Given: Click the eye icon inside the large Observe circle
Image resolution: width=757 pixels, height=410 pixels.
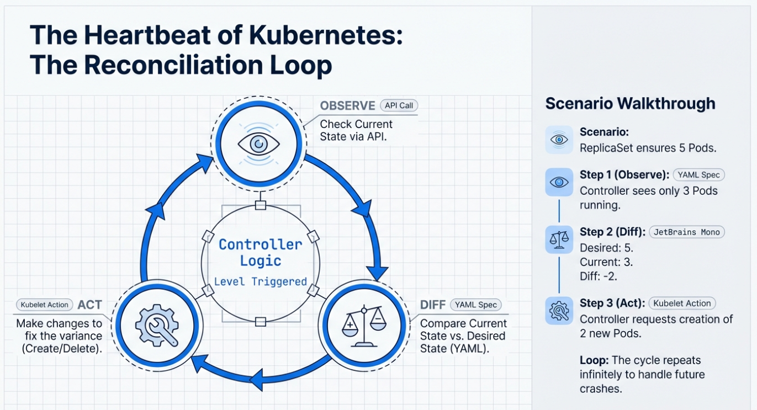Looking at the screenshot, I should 258,144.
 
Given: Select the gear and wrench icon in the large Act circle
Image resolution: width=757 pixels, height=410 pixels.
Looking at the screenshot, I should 156,325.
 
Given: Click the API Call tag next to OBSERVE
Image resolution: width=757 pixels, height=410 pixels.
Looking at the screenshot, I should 399,105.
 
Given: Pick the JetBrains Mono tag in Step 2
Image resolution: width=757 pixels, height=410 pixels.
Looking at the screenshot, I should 686,232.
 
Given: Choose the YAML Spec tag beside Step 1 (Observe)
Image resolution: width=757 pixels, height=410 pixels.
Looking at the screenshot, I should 698,175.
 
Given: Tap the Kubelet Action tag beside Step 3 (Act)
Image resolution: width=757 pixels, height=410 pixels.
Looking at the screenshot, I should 682,303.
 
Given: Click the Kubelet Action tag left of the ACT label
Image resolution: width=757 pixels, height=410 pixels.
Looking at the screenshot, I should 44,305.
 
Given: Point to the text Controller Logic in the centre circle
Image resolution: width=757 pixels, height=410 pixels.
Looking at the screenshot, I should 260,252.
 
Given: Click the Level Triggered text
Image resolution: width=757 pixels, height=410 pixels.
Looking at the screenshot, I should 260,281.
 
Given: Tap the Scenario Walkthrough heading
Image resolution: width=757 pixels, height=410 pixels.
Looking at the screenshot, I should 630,103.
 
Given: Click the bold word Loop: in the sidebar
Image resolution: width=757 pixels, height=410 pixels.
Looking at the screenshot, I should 594,360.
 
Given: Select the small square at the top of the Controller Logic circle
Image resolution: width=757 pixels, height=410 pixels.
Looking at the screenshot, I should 261,206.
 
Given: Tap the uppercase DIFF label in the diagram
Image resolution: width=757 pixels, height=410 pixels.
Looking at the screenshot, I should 433,305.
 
